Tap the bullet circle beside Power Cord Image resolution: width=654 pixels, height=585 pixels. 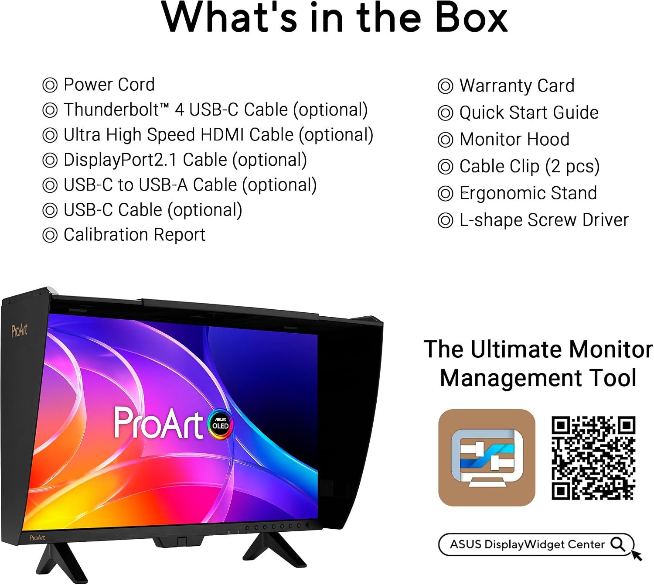(x=50, y=85)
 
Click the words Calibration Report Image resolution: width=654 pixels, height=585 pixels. (x=134, y=235)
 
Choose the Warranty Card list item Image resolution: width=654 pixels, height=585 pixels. (x=506, y=86)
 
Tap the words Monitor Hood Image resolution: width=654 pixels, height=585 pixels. (x=514, y=140)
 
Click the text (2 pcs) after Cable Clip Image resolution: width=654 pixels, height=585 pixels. (x=572, y=167)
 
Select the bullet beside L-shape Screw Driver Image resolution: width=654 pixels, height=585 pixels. (x=445, y=221)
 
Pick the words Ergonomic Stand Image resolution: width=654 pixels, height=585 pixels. (x=528, y=193)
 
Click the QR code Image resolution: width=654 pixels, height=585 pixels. (x=593, y=458)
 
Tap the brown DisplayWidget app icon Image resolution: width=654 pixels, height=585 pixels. (x=487, y=458)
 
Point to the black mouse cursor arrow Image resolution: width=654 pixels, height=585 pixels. (x=636, y=555)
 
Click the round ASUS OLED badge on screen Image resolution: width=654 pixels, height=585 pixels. (x=220, y=424)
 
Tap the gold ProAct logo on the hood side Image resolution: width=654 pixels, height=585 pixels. (x=19, y=331)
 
